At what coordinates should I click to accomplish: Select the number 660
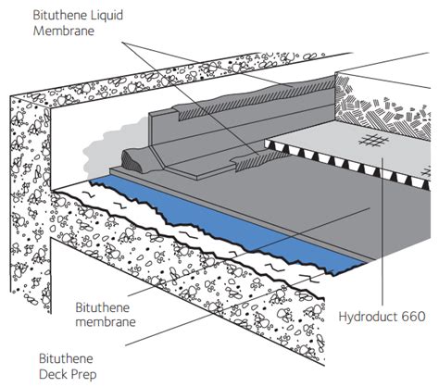coord(412,316)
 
